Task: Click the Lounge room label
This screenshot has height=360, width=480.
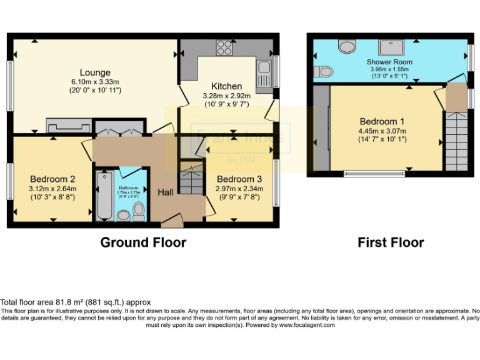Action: pos(95,72)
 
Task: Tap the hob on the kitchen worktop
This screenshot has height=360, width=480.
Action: pos(224,47)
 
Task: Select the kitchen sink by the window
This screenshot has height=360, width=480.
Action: pos(263,74)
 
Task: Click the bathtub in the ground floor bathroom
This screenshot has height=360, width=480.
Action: pos(104,195)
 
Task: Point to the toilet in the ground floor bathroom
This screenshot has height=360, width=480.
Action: pos(138,212)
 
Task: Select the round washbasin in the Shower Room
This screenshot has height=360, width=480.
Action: pos(346,46)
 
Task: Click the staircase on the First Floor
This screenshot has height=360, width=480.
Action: pos(456,141)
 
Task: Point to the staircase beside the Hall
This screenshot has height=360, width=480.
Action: pos(189,178)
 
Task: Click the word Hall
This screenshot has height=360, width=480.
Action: pos(166,192)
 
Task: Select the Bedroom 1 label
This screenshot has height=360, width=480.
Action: pos(382,121)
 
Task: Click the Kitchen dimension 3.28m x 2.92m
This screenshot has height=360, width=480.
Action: pos(226,96)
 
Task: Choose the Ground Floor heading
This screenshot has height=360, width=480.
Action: pos(143,242)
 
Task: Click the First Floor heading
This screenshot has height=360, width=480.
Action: pos(391,242)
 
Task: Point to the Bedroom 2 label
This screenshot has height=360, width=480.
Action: pos(53,179)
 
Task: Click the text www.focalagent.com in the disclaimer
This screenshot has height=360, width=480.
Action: pos(307,325)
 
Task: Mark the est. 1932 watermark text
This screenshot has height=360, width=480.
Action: pos(240,159)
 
